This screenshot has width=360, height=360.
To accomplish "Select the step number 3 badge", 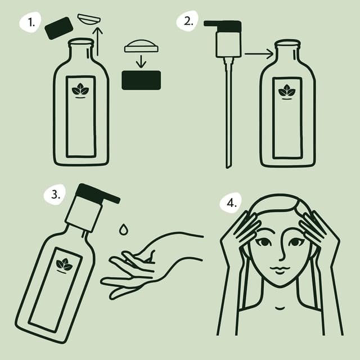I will (55, 195).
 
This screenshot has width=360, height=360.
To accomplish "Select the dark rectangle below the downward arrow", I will (141, 80).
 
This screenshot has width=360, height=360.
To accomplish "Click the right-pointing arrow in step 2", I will (259, 55).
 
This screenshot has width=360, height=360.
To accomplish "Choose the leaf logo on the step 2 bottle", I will (287, 91).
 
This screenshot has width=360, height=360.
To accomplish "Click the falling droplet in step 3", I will (123, 229).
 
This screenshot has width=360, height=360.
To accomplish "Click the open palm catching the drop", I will (141, 264).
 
